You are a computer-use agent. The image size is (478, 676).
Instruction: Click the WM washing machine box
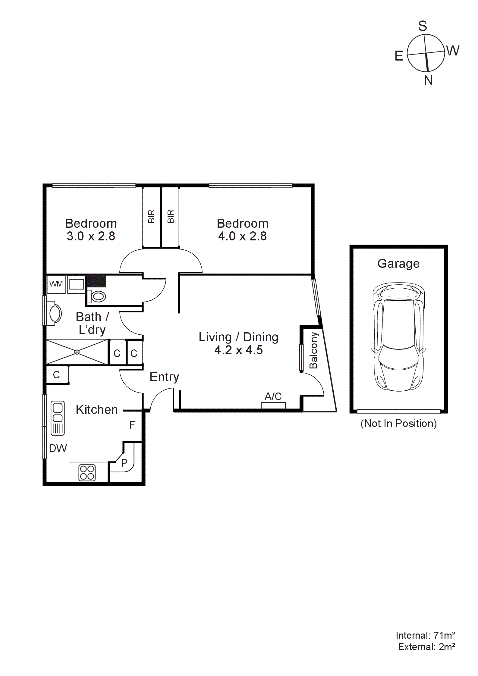pos(56,284)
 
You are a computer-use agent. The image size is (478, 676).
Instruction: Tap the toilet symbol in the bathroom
pos(97,296)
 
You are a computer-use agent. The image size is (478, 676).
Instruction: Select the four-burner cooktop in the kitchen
pos(87,472)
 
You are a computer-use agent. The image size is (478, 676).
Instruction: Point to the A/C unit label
pos(273,396)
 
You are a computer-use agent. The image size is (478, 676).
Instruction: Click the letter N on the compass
pos(428,80)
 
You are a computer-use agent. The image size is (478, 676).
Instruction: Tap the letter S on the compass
pos(423,26)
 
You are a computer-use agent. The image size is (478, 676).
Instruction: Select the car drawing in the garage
pos(399,337)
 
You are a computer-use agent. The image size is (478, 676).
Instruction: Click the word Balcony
pos(314,350)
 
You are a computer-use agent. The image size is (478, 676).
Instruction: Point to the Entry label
pos(164,377)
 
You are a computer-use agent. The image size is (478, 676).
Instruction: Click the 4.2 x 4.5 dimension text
pos(238,350)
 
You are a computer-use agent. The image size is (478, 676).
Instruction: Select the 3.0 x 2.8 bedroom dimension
pos(91,236)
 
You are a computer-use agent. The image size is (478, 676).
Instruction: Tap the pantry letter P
pos(124,463)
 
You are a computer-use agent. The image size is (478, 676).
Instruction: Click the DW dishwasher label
pos(58,448)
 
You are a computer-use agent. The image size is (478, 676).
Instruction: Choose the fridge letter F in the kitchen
pos(132,425)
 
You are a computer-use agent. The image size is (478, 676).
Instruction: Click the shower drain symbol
pos(77,352)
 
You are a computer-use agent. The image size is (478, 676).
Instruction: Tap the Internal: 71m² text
pos(425,635)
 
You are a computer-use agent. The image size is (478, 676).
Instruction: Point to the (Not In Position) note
pos(398,423)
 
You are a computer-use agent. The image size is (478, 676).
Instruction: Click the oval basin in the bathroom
pos(55,314)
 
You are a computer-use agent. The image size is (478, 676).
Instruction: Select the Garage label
pos(398,264)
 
